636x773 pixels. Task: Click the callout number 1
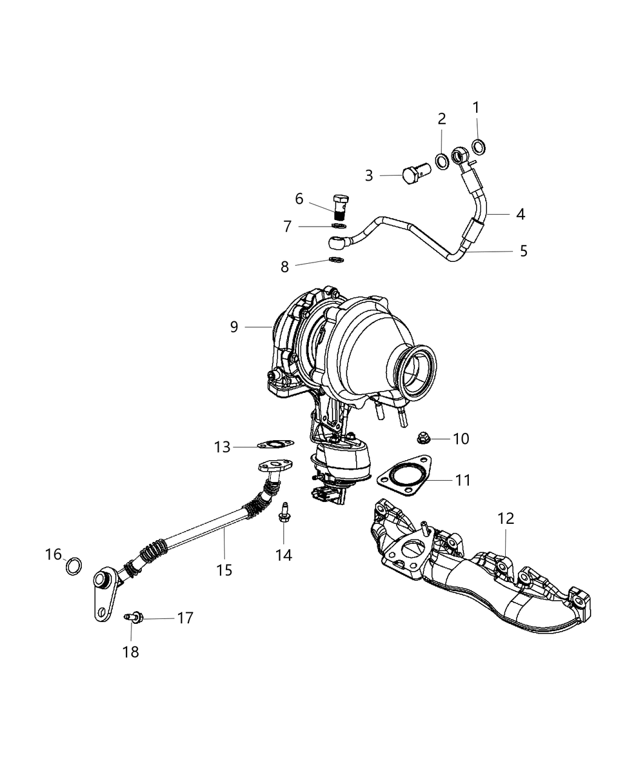tap(475, 108)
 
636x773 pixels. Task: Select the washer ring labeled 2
tap(442, 161)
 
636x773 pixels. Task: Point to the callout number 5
tap(523, 250)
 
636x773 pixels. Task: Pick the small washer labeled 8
tap(337, 260)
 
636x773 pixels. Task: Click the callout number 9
tap(234, 327)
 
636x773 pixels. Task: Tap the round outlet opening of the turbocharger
tap(419, 367)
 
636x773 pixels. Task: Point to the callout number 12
tap(506, 518)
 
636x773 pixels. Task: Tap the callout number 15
tap(225, 570)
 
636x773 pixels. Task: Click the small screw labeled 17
tap(133, 618)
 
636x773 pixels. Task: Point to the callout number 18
tap(131, 652)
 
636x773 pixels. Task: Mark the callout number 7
tap(288, 226)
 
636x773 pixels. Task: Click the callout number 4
tap(520, 214)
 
